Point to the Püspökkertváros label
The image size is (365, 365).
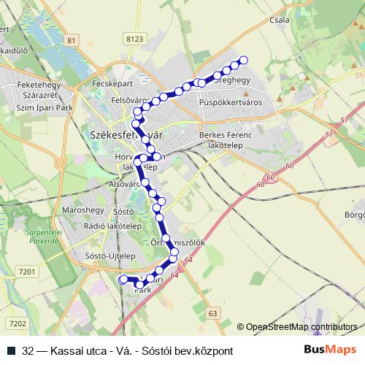(x=230, y=103)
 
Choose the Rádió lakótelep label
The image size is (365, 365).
(x=112, y=226)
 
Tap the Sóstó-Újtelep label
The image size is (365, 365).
(x=107, y=257)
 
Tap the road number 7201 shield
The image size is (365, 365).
(x=27, y=272)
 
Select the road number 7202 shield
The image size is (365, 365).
(x=18, y=323)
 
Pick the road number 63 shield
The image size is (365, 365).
(x=212, y=313)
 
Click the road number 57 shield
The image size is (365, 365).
(x=326, y=135)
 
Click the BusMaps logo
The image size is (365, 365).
(x=330, y=350)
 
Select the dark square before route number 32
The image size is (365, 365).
(x=10, y=351)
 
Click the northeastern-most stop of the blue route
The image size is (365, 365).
(x=244, y=61)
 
